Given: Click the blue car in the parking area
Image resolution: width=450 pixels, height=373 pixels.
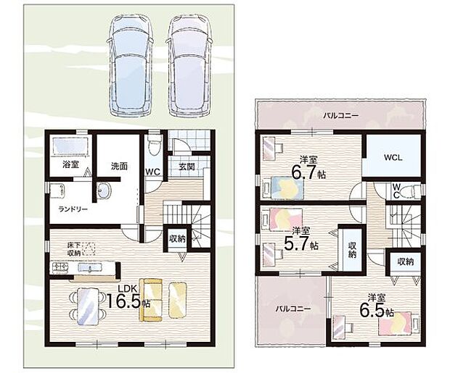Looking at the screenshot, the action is point(131,66).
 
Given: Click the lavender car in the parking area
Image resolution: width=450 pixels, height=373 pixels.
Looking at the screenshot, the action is point(189,66).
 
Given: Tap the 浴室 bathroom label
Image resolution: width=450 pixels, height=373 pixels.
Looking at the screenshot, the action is point(71,164).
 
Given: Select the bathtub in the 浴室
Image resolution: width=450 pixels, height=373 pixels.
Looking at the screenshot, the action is point(70,147).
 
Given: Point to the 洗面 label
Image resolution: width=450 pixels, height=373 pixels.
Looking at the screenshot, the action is point(119,166).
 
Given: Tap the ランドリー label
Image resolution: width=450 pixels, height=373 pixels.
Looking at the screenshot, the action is point(73,209).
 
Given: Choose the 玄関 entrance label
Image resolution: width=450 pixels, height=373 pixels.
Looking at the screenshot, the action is point(187,166).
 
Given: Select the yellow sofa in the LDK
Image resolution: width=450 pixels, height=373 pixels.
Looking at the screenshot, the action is point(151,300).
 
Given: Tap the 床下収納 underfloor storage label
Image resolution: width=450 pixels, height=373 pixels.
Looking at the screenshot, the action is point(73,248).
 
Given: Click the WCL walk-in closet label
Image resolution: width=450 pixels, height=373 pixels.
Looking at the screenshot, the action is point(393,157).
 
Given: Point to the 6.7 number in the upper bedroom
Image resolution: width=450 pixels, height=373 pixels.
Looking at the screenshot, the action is point(304,172).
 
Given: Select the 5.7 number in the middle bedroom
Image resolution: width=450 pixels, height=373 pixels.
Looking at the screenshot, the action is point(297,243).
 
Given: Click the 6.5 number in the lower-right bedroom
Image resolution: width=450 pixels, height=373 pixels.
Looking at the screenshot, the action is point(372,310).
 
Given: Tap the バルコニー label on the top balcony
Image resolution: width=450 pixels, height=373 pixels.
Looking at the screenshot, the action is point(341,116).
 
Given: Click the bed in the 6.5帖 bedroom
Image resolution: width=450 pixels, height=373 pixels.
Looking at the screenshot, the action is point(399,324).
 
